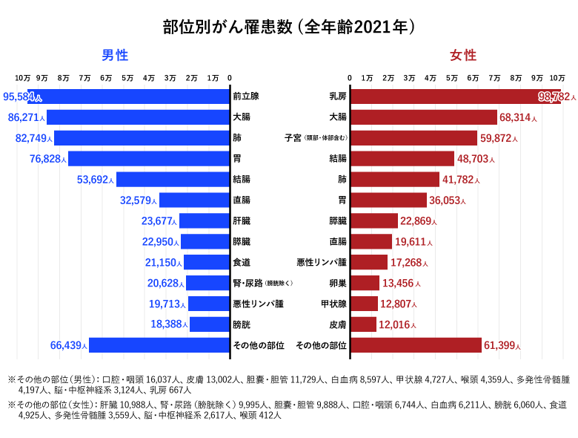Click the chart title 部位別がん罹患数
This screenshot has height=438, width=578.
coord(289,27)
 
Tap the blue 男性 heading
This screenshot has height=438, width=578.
coord(116,56)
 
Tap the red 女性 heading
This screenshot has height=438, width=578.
coord(463,56)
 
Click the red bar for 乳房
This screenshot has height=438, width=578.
coord(445,97)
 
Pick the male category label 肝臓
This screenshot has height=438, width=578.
coord(242,220)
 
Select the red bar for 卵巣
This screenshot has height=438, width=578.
coord(365,283)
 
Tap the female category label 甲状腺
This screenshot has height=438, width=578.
coord(333,304)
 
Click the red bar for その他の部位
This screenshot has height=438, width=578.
coord(416,345)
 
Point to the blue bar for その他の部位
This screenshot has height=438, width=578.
coord(159,345)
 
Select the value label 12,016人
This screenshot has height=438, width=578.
coord(399,324)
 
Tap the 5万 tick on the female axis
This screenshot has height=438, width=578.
coord(451,78)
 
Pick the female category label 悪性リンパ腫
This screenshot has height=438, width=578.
coord(321,262)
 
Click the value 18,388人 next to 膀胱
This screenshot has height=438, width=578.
coord(167,324)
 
